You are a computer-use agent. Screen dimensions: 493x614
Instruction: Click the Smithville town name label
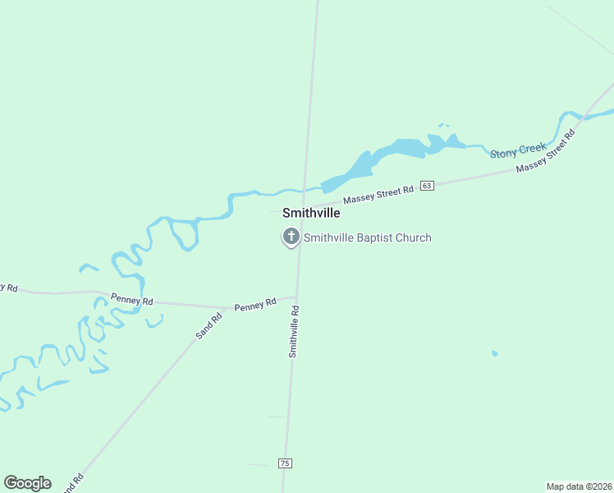[311, 213]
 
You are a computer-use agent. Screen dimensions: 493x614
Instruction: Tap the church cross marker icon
[291, 237]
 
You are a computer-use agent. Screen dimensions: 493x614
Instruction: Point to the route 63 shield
[426, 186]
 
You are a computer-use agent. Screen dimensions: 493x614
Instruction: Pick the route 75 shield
[285, 463]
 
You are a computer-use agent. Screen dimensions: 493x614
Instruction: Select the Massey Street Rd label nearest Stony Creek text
[543, 157]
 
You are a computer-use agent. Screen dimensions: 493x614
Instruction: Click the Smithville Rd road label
[293, 331]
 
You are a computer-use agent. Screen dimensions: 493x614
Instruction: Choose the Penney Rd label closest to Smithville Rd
[254, 306]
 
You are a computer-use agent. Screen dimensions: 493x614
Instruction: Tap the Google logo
[27, 483]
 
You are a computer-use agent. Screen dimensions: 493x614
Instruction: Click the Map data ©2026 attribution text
[579, 486]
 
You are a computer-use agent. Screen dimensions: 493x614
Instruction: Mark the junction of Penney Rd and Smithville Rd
[296, 297]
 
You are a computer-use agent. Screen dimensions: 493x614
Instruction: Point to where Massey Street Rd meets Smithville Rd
[303, 207]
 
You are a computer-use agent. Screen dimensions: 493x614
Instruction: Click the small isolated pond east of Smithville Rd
[494, 353]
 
